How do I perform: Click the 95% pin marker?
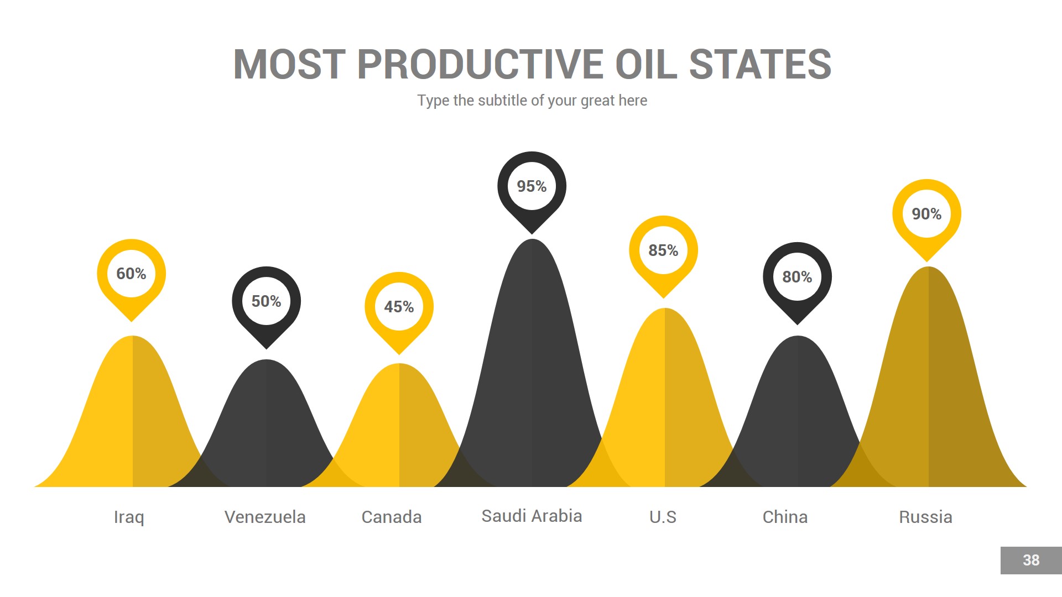coord(532,186)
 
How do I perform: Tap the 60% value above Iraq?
coord(131,274)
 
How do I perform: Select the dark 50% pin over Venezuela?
coord(266,301)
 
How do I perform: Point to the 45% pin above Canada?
coord(399,307)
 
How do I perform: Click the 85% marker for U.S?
coord(663,250)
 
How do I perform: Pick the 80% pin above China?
coord(797,277)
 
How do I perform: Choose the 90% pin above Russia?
coord(926,214)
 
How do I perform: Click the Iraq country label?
coord(129,517)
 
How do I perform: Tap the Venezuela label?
coord(265,517)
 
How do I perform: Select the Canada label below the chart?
coord(392,517)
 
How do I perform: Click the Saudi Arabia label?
coord(532,516)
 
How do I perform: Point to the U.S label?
coord(663,517)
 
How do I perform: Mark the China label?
coord(785,517)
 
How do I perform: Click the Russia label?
coord(925,517)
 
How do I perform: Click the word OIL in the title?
coord(645,65)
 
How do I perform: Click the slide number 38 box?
coord(1030,561)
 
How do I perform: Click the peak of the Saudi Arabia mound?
coord(532,243)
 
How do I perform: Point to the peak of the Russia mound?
coord(928,271)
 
